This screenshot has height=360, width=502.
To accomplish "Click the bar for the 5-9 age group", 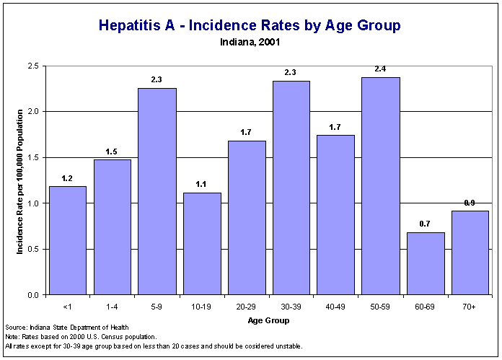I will [x=157, y=191].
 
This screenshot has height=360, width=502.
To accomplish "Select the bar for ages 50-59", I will [x=381, y=186].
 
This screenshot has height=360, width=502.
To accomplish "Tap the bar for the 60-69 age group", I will [x=426, y=263].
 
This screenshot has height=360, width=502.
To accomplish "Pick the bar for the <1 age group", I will [x=68, y=240].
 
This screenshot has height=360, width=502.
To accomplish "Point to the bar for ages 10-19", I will [x=202, y=244].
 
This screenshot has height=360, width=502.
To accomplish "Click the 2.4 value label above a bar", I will [x=381, y=69].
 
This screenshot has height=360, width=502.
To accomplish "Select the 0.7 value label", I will [x=426, y=224].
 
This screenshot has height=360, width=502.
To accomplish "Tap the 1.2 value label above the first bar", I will [x=68, y=178].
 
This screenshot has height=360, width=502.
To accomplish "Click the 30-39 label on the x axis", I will [x=291, y=307].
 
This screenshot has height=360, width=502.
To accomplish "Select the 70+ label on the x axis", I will [x=470, y=307].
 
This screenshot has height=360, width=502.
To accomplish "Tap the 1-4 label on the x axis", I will [x=113, y=307].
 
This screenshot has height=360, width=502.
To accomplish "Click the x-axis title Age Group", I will [x=268, y=320].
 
